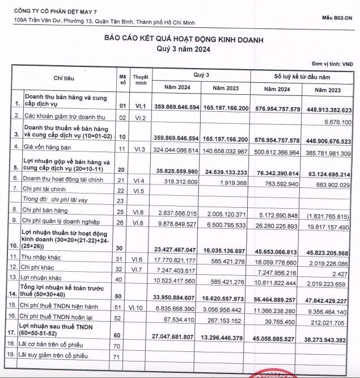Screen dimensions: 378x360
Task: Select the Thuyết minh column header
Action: tap(141, 79)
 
